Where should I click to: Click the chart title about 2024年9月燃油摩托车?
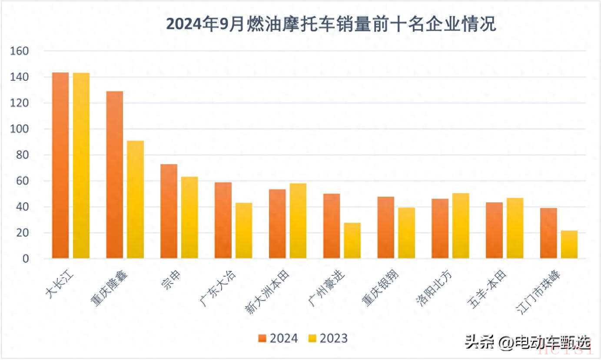pyautogui.click(x=331, y=25)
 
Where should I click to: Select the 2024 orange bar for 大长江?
pyautogui.click(x=60, y=165)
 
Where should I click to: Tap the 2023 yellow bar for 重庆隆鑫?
pyautogui.click(x=136, y=200)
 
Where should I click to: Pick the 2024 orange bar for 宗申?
pyautogui.click(x=169, y=211)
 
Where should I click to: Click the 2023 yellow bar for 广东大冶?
pyautogui.click(x=244, y=231)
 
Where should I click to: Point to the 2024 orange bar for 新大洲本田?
pyautogui.click(x=277, y=224)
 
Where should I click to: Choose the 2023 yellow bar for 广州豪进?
pyautogui.click(x=352, y=241)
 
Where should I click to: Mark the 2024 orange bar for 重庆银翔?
pyautogui.click(x=386, y=228)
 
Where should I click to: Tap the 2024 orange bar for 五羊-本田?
pyautogui.click(x=495, y=231)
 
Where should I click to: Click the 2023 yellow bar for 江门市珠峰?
pyautogui.click(x=569, y=244)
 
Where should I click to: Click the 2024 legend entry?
pyautogui.click(x=278, y=339)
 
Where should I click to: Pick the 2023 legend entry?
pyautogui.click(x=328, y=339)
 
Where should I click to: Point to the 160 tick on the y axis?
pyautogui.click(x=19, y=51)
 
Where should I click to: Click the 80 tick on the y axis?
pyautogui.click(x=21, y=155)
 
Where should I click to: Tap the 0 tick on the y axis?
pyautogui.click(x=25, y=259)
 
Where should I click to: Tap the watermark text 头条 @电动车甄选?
pyautogui.click(x=528, y=343)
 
